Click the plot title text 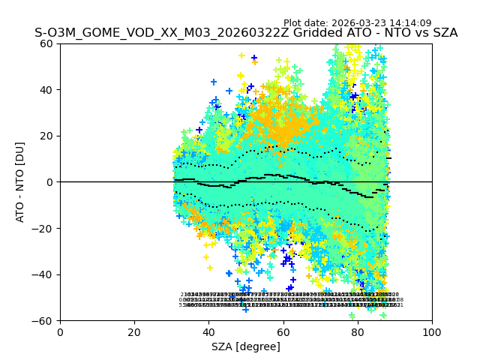246,34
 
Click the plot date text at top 357,23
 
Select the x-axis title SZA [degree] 246,346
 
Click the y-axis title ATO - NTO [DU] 21,181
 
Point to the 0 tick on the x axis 60,332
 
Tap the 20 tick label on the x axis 134,332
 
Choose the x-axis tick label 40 208,332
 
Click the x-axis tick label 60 283,332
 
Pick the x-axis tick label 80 357,332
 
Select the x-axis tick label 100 431,332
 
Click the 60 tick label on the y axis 46,43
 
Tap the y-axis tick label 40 46,90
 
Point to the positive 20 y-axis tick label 46,136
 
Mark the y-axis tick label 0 50,182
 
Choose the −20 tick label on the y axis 43,228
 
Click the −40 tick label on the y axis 43,274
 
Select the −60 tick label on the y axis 43,320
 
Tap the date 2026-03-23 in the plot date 358,23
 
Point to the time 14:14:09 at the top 409,23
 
